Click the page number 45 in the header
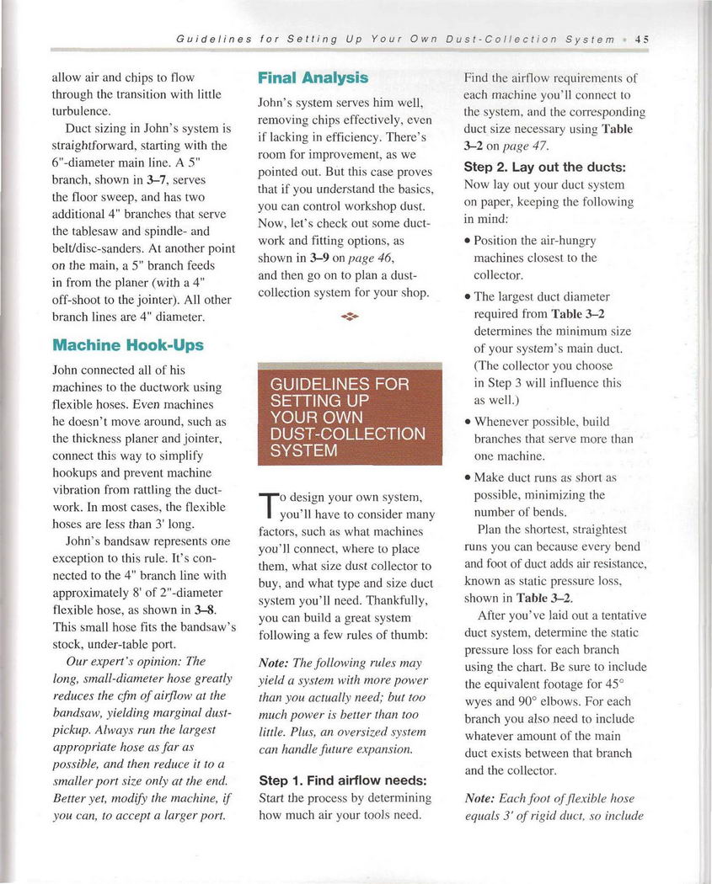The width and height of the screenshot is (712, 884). pos(641,39)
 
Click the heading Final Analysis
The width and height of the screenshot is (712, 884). pos(313,78)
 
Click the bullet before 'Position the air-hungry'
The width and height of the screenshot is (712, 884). pos(468,241)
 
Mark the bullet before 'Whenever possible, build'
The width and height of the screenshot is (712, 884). pos(468,422)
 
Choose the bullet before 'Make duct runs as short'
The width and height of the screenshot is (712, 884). pos(468,478)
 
